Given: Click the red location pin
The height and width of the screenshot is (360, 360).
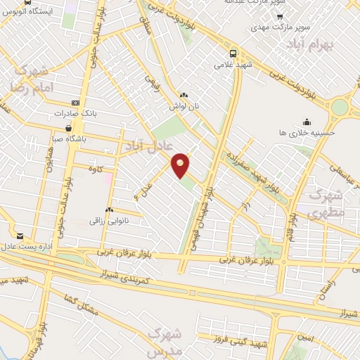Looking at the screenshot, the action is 181,165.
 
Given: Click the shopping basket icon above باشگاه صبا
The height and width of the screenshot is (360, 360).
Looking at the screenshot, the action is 68,128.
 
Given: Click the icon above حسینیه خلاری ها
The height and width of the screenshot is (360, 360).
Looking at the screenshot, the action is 307,122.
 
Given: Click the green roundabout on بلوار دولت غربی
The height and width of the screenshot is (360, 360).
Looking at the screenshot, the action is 341,107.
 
